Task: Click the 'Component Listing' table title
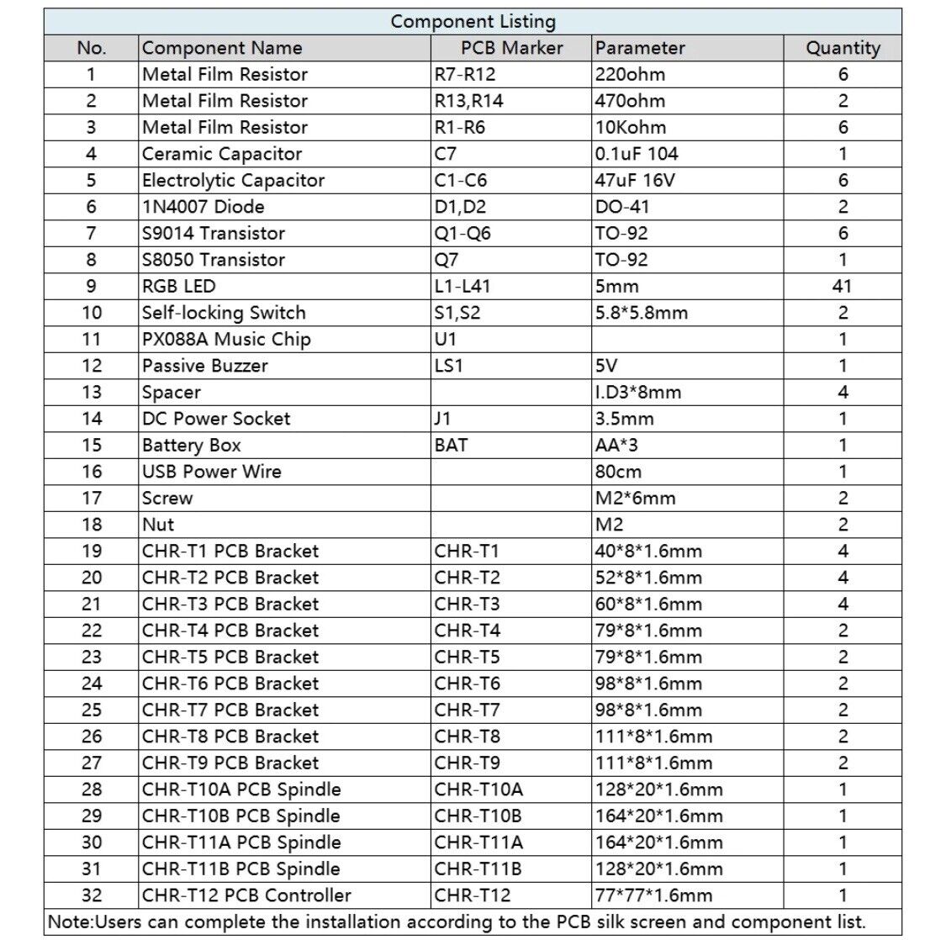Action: click(473, 22)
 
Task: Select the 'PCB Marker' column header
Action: click(511, 48)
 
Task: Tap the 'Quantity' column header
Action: click(843, 48)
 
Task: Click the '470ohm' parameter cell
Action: click(630, 101)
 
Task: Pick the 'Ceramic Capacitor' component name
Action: click(222, 154)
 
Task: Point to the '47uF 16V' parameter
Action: click(635, 181)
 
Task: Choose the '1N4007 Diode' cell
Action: click(203, 207)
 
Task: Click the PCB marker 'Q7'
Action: click(447, 260)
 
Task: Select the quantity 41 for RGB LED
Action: click(842, 286)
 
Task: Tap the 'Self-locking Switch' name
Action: click(224, 313)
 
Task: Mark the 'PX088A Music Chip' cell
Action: click(226, 340)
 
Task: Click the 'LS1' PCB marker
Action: click(449, 366)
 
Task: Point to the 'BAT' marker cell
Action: click(451, 446)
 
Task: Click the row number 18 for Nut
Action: click(92, 525)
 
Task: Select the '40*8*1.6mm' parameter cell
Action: click(648, 552)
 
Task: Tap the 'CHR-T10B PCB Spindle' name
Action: click(241, 816)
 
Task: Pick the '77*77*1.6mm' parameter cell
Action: click(653, 895)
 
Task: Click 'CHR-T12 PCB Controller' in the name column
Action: click(246, 895)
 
